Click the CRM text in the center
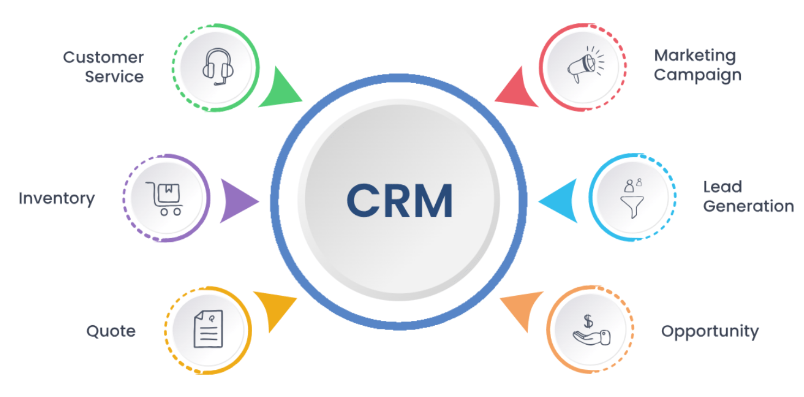click(399, 200)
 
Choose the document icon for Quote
click(209, 329)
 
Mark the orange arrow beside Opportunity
click(523, 308)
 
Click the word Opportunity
click(709, 331)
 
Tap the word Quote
click(111, 331)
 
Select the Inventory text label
click(57, 199)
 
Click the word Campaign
click(697, 75)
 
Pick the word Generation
click(748, 206)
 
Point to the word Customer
click(103, 57)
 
